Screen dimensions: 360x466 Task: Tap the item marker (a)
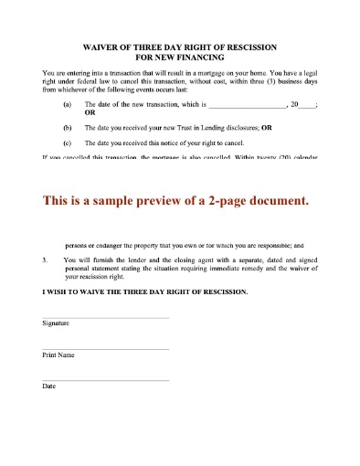point(67,106)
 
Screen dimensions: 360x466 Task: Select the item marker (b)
point(67,129)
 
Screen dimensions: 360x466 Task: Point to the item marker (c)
point(67,143)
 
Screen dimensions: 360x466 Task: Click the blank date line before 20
point(249,106)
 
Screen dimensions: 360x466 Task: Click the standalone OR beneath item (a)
point(90,114)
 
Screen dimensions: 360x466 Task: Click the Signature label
point(56,323)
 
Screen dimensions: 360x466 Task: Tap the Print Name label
point(58,355)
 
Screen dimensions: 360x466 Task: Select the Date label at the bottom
point(49,386)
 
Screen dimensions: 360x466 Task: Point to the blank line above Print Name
point(105,348)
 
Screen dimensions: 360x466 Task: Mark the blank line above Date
point(105,379)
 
